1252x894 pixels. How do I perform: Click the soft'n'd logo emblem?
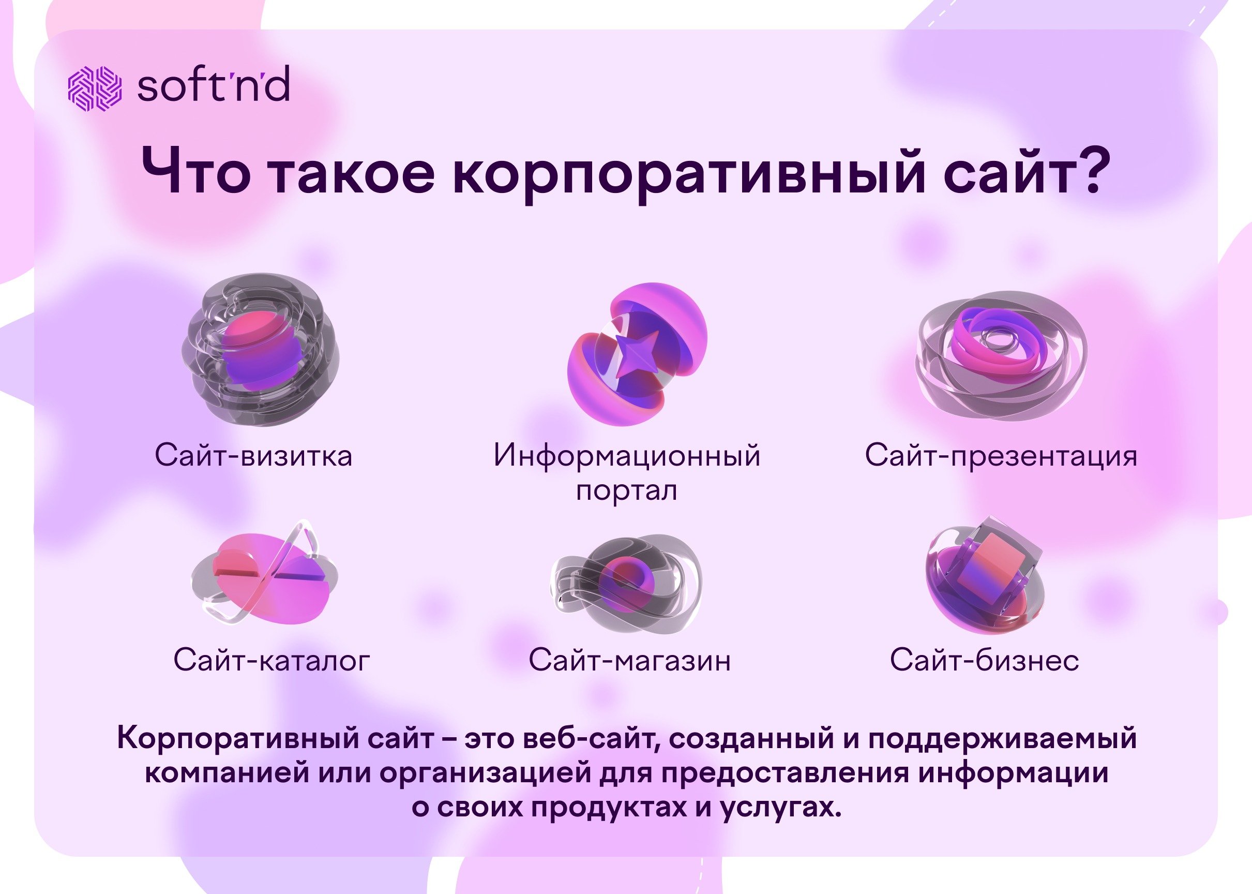tap(94, 87)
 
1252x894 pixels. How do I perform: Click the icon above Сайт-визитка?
tap(260, 350)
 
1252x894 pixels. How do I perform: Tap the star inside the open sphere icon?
tap(636, 354)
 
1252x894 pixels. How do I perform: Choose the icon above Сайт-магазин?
tap(626, 583)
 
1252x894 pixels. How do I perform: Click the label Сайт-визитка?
tap(254, 456)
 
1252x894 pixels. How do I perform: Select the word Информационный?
tap(627, 456)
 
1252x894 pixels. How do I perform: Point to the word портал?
tap(626, 491)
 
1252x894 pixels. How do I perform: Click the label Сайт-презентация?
tap(1001, 456)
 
